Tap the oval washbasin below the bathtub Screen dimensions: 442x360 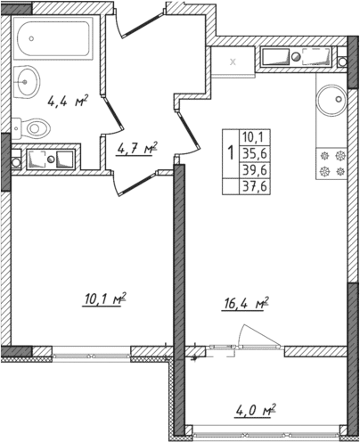pos(28,81)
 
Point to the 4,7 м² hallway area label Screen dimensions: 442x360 pos(136,148)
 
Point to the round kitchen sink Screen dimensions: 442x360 pos(331,97)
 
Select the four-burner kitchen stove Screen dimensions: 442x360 pos(331,160)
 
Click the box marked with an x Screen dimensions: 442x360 pos(233,61)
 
